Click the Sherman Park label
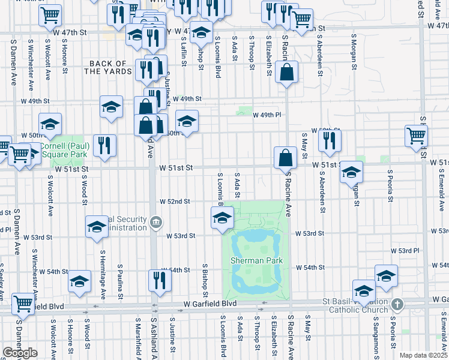tap(256, 260)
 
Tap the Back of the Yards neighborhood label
tap(108, 67)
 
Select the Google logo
tap(20, 353)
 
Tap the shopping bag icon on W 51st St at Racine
tap(286, 158)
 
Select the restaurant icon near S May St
tap(330, 140)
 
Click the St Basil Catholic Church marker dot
tap(396, 304)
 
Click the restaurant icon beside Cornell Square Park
tap(105, 145)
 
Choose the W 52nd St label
tap(174, 202)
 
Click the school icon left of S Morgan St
tap(351, 173)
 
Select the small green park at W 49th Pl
tap(244, 111)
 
